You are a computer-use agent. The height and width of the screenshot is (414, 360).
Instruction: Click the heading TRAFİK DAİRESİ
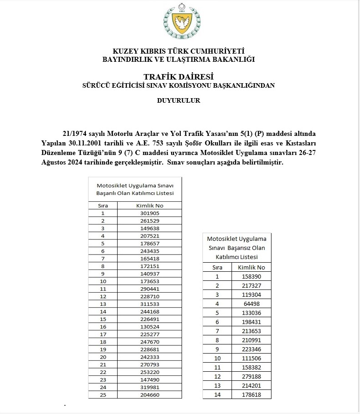(x=178, y=76)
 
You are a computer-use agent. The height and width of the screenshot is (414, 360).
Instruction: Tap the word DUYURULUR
(x=178, y=101)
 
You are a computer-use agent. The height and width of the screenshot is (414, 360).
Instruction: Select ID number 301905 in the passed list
(x=149, y=213)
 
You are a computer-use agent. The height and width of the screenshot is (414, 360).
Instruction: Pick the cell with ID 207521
(x=149, y=236)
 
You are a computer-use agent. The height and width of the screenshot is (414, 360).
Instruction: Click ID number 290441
(x=149, y=289)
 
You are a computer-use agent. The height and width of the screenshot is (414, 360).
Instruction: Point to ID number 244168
(x=149, y=311)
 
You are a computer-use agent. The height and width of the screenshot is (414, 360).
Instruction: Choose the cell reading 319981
(x=149, y=387)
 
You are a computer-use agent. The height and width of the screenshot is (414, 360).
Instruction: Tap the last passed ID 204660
(x=149, y=395)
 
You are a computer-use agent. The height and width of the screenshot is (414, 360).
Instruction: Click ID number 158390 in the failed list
(x=252, y=276)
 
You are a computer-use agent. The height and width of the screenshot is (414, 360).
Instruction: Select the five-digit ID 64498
(x=252, y=304)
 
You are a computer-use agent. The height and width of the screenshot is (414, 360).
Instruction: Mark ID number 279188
(x=252, y=376)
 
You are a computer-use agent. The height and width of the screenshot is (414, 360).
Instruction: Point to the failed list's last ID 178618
(x=252, y=394)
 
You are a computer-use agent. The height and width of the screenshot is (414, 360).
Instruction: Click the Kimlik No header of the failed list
(x=252, y=267)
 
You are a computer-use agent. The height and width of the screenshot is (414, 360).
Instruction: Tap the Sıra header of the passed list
(x=103, y=205)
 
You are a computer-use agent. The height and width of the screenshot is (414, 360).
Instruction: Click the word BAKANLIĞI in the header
(x=233, y=59)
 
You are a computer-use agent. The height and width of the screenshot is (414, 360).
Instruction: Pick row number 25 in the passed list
(x=103, y=395)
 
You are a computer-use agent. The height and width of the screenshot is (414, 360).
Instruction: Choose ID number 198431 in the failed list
(x=252, y=322)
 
